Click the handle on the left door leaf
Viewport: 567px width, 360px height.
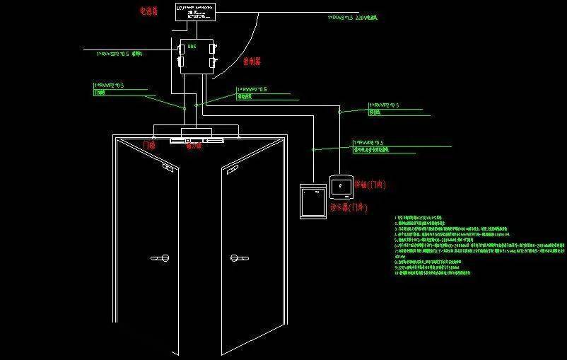click(x=160, y=259)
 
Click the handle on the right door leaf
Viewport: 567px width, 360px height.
click(x=237, y=259)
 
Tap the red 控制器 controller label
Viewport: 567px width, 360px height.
click(x=252, y=62)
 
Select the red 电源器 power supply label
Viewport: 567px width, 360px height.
click(x=149, y=12)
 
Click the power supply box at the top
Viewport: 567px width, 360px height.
click(x=197, y=11)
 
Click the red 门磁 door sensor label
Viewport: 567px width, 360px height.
click(x=148, y=145)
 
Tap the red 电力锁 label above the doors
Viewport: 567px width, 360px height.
click(x=194, y=147)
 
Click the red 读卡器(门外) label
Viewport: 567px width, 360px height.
click(x=349, y=208)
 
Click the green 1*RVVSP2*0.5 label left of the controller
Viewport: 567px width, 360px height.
click(x=121, y=52)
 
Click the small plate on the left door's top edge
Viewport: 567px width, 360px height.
click(x=168, y=168)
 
